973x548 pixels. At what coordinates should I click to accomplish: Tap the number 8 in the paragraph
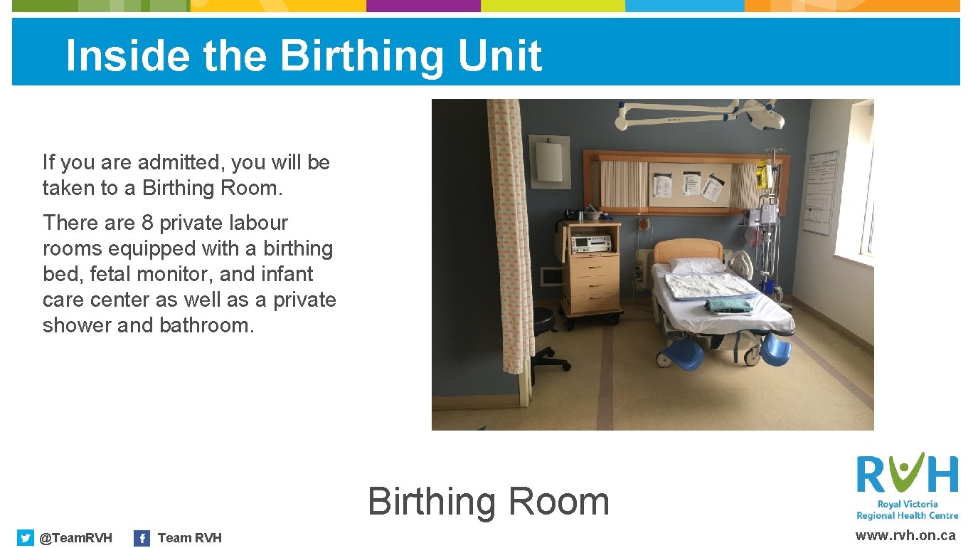tap(147, 223)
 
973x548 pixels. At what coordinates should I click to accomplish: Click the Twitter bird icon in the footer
tap(26, 537)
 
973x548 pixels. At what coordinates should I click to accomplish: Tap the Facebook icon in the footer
tap(142, 538)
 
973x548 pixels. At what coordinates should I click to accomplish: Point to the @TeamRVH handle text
tap(75, 538)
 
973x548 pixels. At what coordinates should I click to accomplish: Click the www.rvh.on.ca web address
tap(905, 536)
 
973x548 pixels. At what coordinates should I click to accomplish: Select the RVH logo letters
tap(907, 473)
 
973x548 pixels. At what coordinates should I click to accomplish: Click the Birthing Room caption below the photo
tap(489, 502)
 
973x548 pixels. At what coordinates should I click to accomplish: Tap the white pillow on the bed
tap(697, 265)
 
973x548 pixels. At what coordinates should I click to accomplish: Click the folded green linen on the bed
tap(728, 305)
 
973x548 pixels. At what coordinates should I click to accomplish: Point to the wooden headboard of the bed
tap(687, 250)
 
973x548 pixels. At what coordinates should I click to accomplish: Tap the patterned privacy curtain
tap(510, 228)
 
